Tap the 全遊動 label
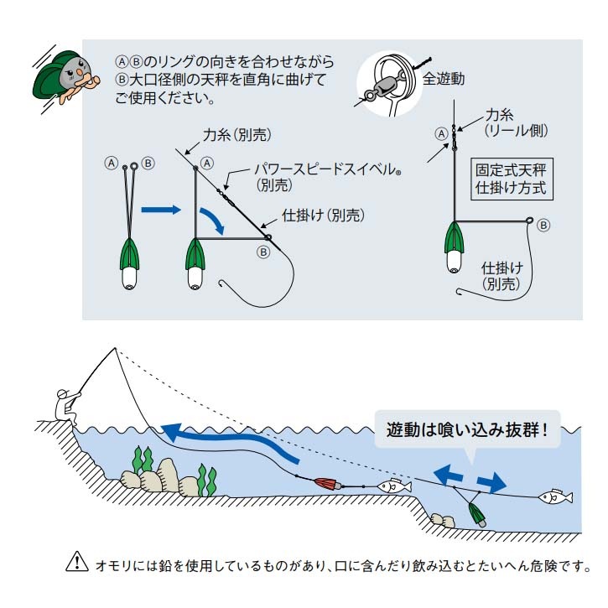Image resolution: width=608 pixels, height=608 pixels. click(x=443, y=80)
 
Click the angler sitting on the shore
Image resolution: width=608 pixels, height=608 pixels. click(x=63, y=406)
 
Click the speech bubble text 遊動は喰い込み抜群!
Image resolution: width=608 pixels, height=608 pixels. click(x=466, y=430)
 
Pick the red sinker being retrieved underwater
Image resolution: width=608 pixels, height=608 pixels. click(x=325, y=485)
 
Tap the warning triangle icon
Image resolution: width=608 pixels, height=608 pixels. click(x=75, y=564)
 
